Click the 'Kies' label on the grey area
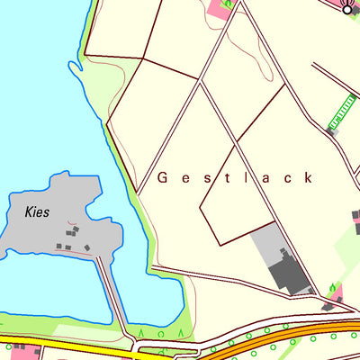tap(37, 213)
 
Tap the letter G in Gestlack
tap(163, 178)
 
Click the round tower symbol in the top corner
tap(348, 8)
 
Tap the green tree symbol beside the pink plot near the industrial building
tap(333, 288)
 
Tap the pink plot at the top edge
tap(219, 9)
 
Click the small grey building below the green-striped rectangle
tap(330, 130)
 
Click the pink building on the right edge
tap(356, 220)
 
